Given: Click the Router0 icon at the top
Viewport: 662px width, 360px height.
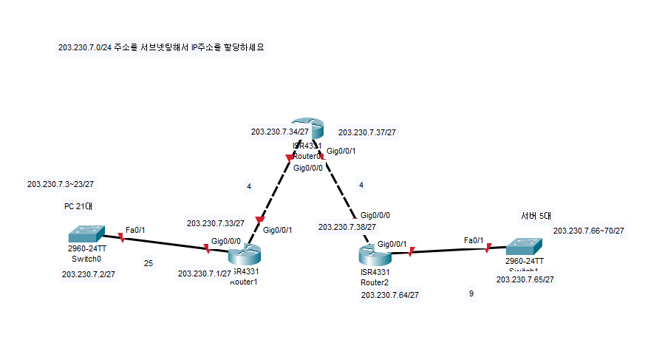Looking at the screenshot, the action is pos(303,127).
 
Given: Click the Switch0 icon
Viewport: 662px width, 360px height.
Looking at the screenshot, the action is pos(86,233).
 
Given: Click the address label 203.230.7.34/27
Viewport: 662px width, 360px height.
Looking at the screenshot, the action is pos(280,132).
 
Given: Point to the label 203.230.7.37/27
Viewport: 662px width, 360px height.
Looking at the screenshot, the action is pos(366,133).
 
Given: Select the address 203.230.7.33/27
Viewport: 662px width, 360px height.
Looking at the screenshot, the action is pos(216,223).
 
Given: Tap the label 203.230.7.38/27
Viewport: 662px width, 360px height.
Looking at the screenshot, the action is pos(347,227).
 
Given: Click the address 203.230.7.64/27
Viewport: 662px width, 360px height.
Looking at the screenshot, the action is pos(390,296).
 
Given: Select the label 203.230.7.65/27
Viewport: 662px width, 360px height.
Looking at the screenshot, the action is pos(525,279).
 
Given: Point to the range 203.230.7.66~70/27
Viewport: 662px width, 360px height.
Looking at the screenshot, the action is pos(589,231).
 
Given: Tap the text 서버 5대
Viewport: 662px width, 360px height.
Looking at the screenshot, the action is pos(536,216).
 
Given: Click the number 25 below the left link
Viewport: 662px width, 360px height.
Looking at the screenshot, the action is pos(149,262).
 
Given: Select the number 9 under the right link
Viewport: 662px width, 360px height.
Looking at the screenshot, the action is pos(471,294).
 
